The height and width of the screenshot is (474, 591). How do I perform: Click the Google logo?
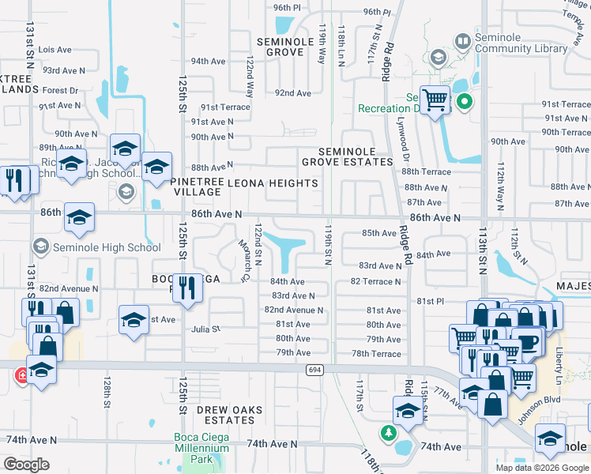26,465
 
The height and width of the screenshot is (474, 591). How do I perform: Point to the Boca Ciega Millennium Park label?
201,453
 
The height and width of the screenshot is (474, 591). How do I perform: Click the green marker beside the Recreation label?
465,102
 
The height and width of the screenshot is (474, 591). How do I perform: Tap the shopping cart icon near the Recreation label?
434,100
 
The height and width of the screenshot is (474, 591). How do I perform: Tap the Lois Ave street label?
55,50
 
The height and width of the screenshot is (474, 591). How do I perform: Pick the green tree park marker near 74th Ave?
388,433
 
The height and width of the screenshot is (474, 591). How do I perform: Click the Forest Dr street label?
61,91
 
